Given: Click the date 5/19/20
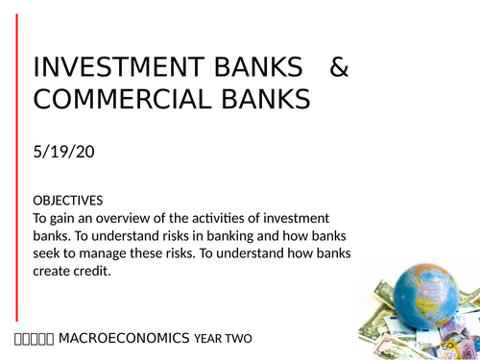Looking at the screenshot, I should (65, 154).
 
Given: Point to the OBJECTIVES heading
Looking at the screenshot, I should (67, 201).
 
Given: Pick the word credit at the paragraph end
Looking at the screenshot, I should (98, 272).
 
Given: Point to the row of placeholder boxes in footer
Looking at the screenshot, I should (35, 338).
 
